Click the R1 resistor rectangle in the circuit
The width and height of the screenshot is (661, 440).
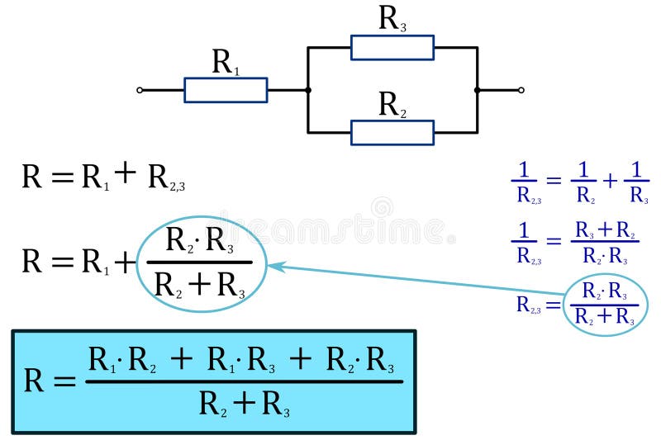pyautogui.click(x=226, y=90)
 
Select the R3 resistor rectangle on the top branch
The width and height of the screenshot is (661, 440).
pyautogui.click(x=392, y=48)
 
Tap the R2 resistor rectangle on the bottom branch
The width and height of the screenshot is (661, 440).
pyautogui.click(x=392, y=132)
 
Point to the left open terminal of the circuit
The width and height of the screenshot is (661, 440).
pyautogui.click(x=140, y=90)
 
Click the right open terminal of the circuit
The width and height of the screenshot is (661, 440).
pyautogui.click(x=521, y=90)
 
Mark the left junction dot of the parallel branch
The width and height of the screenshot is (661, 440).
pyautogui.click(x=307, y=90)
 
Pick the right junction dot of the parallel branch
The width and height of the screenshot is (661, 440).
pyautogui.click(x=477, y=90)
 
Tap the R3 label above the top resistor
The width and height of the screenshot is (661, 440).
pyautogui.click(x=392, y=18)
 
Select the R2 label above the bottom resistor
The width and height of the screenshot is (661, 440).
pyautogui.click(x=392, y=105)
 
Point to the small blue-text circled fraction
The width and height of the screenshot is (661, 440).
pyautogui.click(x=604, y=305)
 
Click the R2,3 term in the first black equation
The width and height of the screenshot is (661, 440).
pyautogui.click(x=166, y=177)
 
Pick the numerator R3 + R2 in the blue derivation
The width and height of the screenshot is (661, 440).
pyautogui.click(x=604, y=230)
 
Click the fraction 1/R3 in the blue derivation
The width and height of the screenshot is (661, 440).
pyautogui.click(x=636, y=182)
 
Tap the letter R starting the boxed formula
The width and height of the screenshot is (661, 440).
pyautogui.click(x=34, y=381)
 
